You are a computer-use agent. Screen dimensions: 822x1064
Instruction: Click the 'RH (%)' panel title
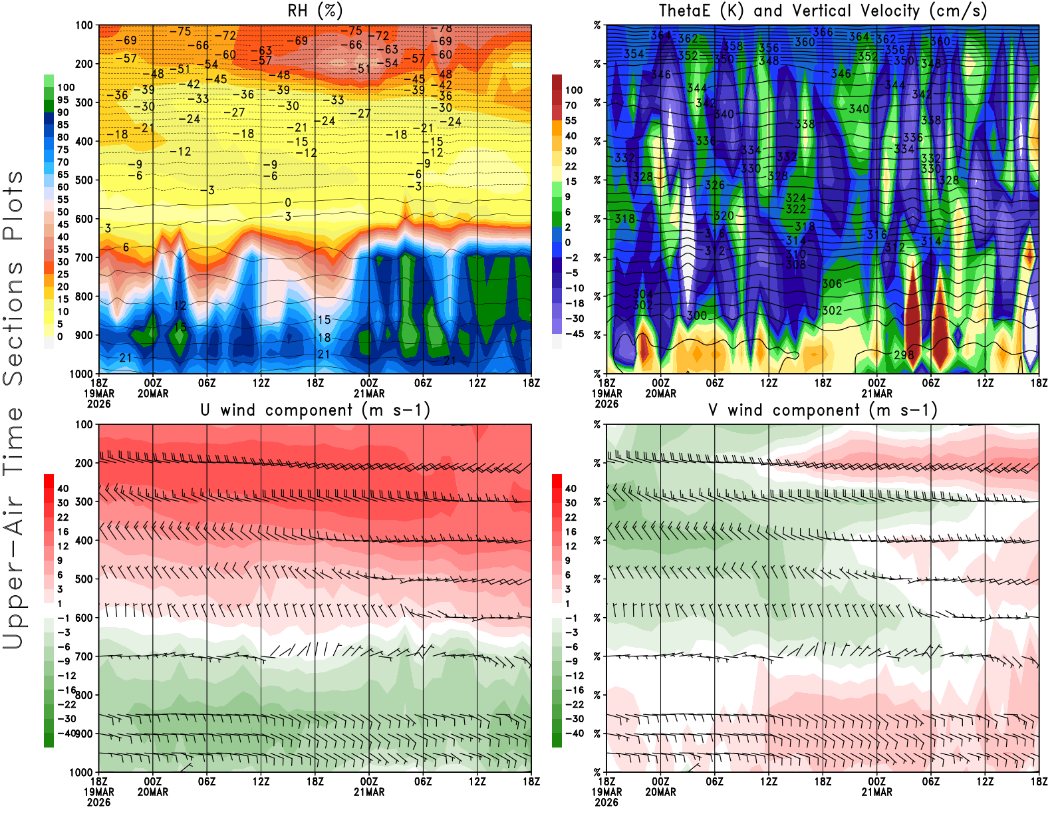(315, 11)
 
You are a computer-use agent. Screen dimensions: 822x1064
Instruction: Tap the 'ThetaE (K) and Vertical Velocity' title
(823, 11)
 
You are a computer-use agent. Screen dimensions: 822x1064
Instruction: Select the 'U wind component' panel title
(315, 410)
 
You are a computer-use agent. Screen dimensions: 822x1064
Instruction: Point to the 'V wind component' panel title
(823, 410)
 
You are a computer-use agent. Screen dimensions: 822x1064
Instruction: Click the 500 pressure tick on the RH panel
(84, 180)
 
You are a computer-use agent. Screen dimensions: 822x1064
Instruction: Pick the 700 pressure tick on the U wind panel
(84, 656)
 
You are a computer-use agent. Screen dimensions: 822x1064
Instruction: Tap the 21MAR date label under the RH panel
(369, 393)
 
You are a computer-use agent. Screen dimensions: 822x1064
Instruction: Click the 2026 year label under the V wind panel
(606, 802)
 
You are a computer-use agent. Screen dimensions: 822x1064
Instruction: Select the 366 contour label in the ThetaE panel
(823, 32)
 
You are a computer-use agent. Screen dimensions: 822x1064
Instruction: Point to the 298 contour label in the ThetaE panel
(903, 354)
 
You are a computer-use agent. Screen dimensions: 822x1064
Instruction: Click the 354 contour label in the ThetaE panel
(633, 54)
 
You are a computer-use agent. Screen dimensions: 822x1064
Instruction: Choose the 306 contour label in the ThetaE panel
(832, 284)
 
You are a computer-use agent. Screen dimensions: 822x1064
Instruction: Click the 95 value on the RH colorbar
(63, 100)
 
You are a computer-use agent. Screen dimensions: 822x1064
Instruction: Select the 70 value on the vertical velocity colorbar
(571, 105)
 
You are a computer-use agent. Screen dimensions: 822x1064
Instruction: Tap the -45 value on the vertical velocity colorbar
(575, 334)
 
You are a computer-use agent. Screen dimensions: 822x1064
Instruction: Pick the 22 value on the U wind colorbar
(63, 517)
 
